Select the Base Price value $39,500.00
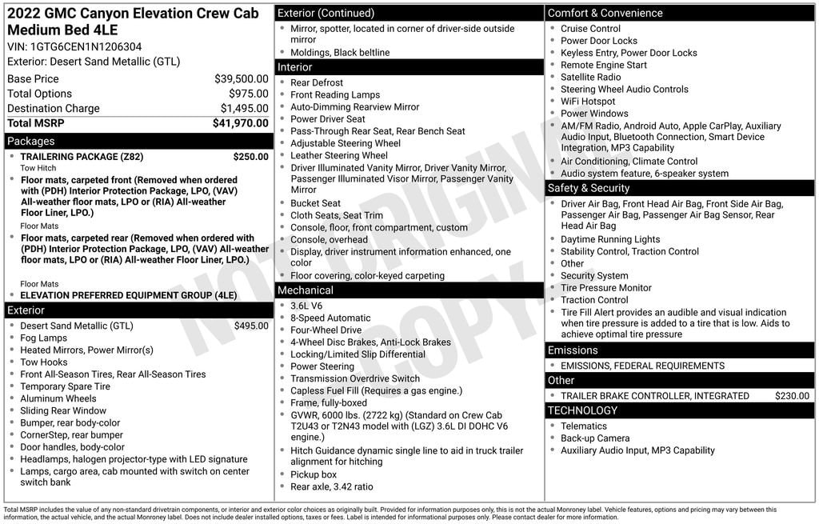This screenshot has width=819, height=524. point(241,78)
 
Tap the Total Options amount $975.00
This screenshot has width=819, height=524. point(249,94)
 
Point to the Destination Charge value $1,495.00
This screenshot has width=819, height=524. point(244,108)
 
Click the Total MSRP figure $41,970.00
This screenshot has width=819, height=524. point(240,123)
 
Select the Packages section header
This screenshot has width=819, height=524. point(31,141)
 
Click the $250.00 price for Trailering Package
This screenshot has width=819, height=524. point(250,157)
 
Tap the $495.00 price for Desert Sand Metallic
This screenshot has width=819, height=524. point(251,326)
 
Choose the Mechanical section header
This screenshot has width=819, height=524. point(305,290)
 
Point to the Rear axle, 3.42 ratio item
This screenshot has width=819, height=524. point(331,486)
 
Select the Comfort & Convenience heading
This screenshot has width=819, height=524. point(605,13)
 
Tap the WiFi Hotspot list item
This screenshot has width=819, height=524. point(588,102)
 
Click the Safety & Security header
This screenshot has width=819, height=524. point(589,188)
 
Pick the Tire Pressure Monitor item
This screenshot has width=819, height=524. point(605,288)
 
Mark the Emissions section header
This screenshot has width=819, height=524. point(573,350)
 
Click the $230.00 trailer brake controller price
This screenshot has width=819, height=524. point(792,396)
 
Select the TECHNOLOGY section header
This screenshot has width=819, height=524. point(582,410)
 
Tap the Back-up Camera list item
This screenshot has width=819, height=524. point(594,438)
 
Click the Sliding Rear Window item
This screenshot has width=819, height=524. point(63,410)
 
